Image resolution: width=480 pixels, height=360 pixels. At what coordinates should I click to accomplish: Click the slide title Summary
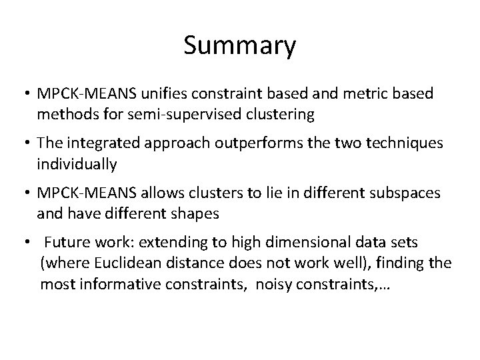pyautogui.click(x=239, y=47)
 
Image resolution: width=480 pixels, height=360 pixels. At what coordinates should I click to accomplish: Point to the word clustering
pyautogui.click(x=281, y=114)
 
